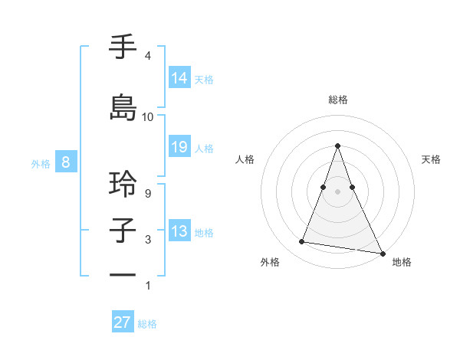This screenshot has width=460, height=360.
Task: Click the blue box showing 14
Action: [179, 77]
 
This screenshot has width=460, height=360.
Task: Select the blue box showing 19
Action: [179, 147]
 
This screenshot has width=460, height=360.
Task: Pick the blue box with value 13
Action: [179, 231]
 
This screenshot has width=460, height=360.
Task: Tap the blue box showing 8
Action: [66, 162]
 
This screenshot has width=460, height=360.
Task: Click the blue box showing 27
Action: [123, 322]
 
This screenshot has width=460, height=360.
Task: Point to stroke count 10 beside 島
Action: [148, 117]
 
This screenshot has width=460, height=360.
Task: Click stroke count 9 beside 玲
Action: [148, 193]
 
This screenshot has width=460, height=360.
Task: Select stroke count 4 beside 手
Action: [148, 56]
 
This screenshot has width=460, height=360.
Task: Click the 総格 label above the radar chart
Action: [338, 100]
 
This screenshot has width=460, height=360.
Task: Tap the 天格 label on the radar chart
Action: [431, 159]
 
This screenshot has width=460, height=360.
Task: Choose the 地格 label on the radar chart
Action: [402, 262]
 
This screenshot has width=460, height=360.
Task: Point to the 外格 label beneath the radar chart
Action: [270, 262]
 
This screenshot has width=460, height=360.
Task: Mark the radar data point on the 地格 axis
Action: [382, 252]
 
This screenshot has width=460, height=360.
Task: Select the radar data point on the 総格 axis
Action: [338, 146]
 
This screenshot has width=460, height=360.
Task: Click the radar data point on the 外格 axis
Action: [302, 242]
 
